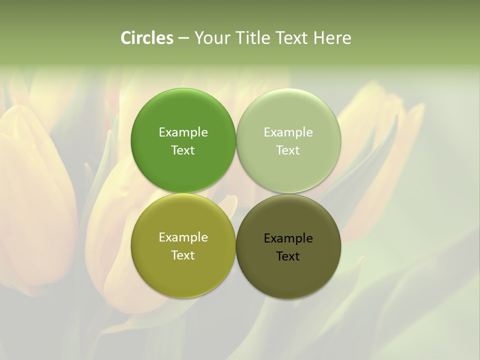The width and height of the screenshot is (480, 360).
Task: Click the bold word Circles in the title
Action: (146, 38)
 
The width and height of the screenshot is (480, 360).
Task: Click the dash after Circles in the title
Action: (183, 38)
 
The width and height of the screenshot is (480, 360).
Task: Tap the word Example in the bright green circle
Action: (183, 132)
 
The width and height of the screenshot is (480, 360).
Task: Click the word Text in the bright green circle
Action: (183, 150)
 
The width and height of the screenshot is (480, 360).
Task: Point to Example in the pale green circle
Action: (288, 132)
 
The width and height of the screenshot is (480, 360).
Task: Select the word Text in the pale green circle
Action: (288, 150)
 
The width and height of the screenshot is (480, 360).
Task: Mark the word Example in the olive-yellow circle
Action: (183, 237)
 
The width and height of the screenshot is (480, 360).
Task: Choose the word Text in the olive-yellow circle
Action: (183, 255)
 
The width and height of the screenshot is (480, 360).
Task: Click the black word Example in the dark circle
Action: (288, 238)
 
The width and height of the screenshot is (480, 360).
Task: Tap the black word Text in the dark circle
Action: (288, 256)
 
